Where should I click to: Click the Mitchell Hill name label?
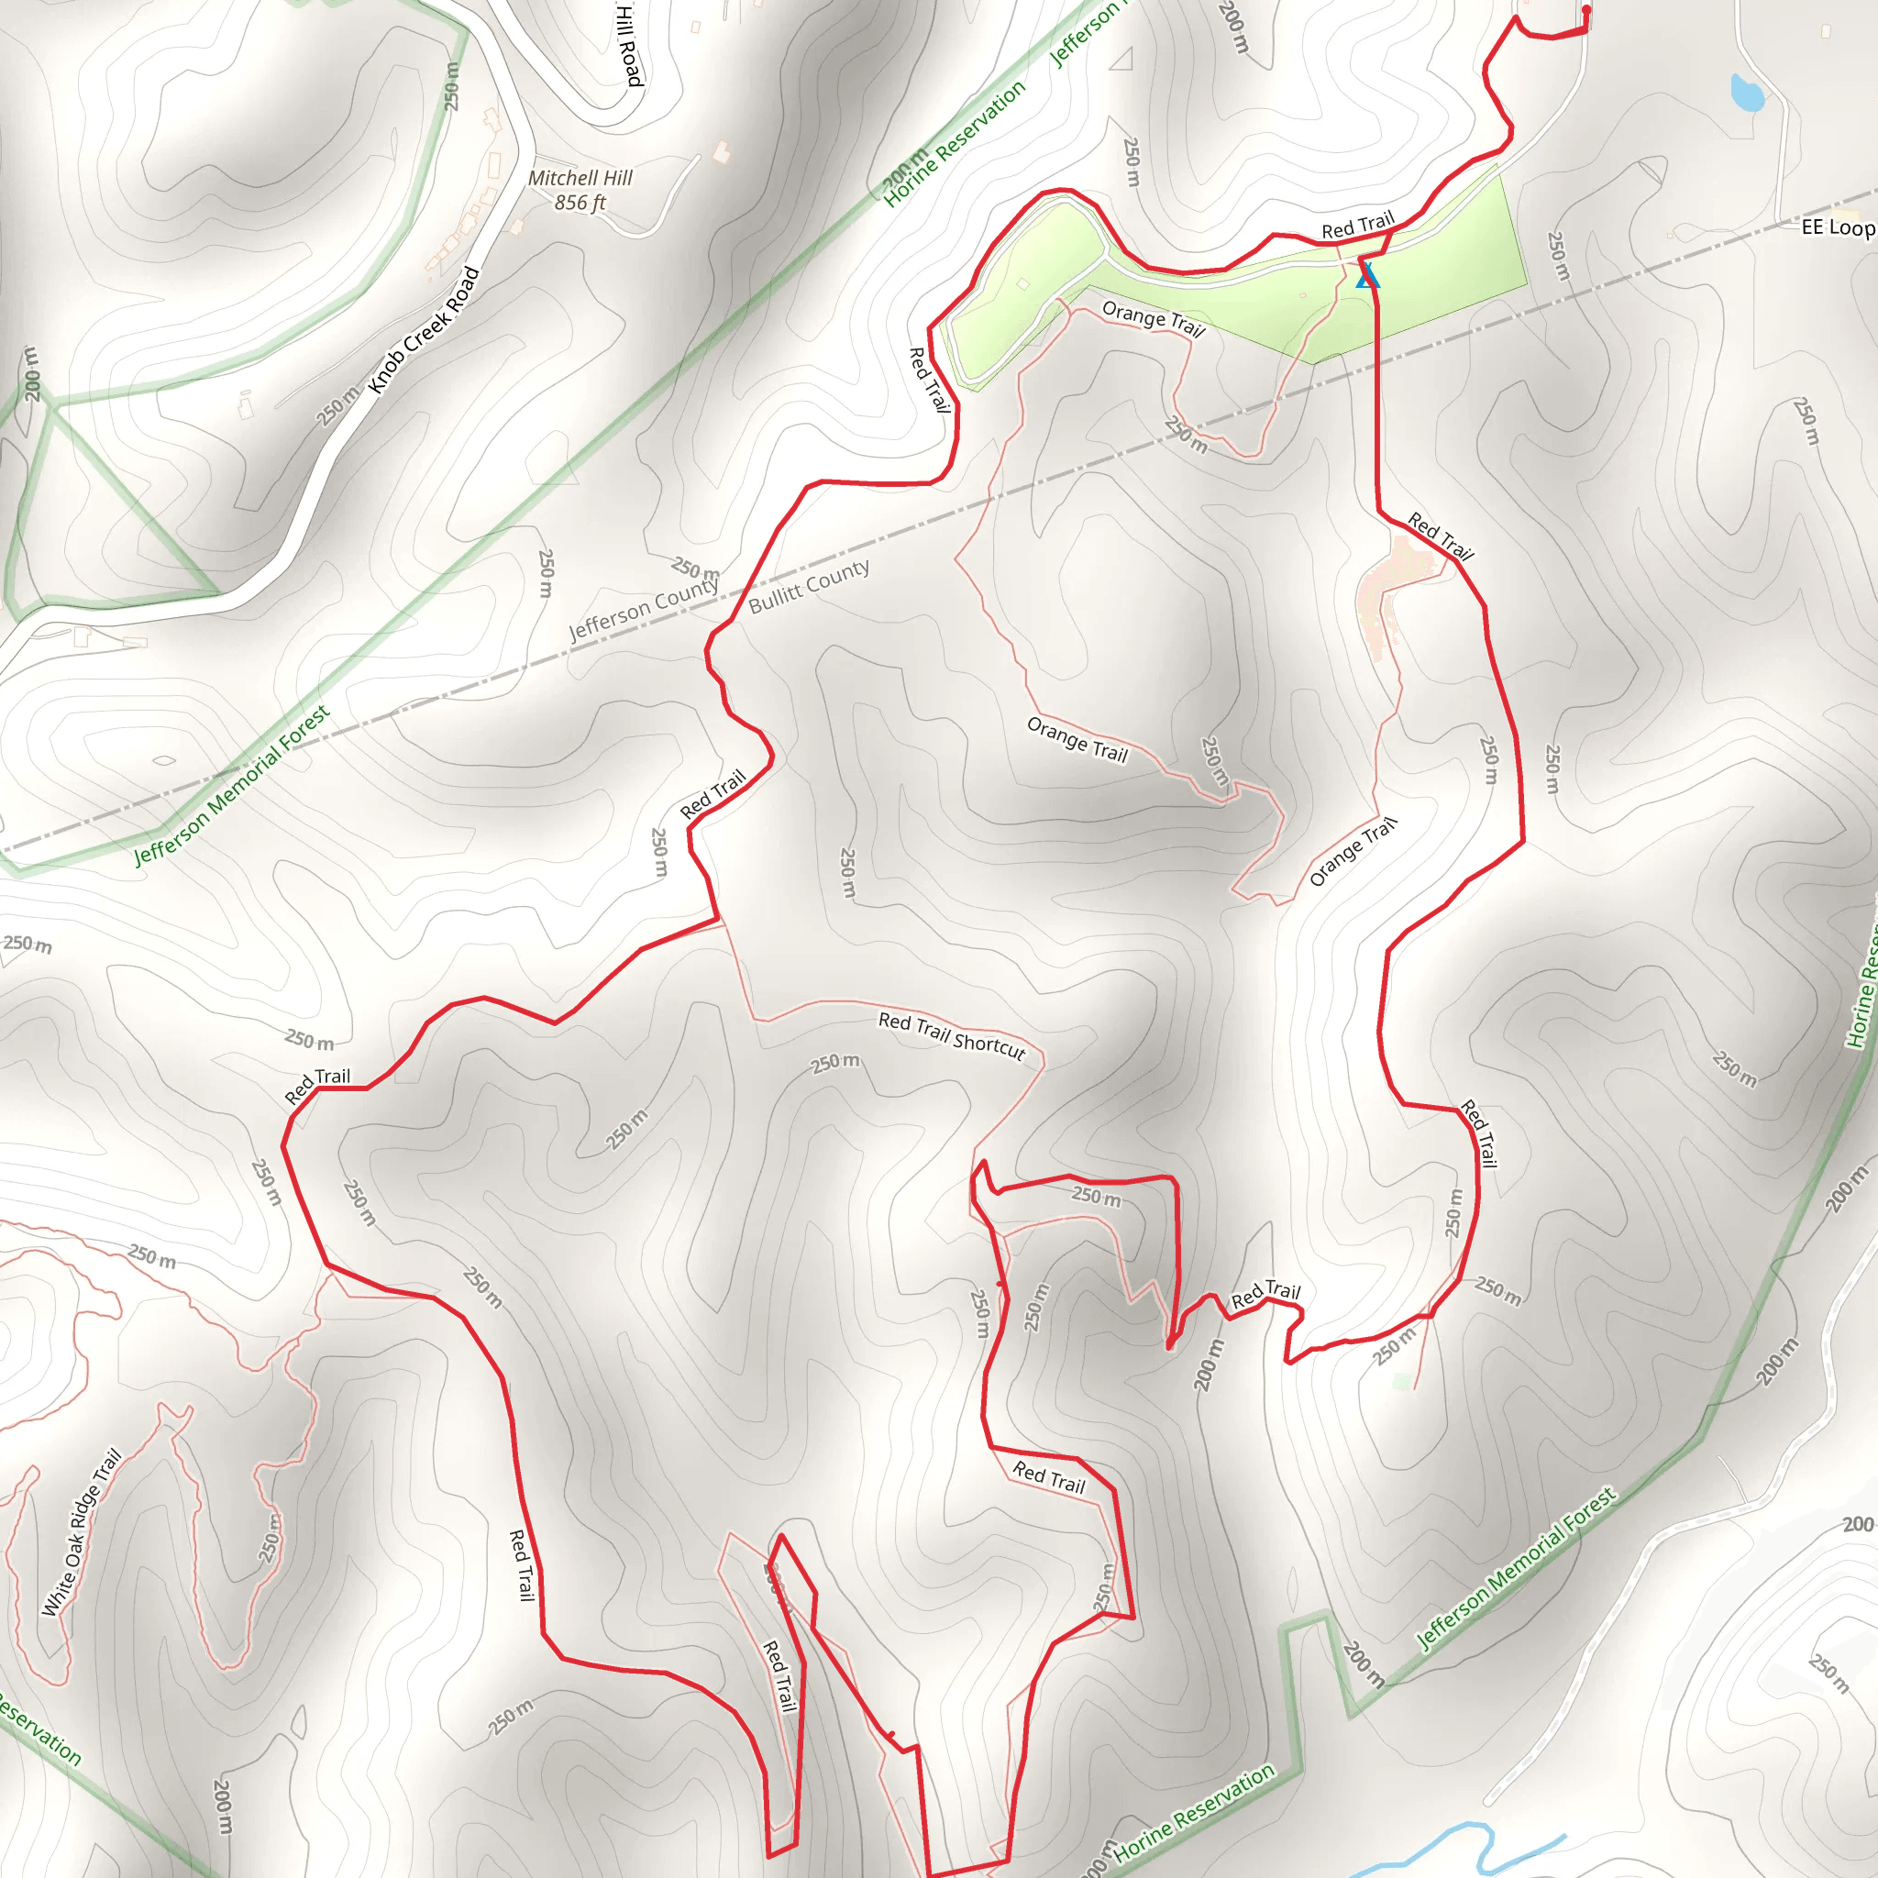pos(580,178)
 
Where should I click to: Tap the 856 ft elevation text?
pos(580,202)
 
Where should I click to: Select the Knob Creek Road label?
pos(424,329)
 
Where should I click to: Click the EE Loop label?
pos(1836,227)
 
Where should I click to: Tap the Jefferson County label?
pos(644,610)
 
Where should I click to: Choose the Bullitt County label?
pos(809,586)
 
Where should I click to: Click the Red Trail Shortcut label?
pos(952,1035)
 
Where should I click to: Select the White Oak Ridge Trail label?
pos(82,1532)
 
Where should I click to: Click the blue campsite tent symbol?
pos(1367,276)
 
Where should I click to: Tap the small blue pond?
pos(1747,94)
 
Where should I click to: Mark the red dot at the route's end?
pos(1586,10)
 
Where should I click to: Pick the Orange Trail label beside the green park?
pos(1153,319)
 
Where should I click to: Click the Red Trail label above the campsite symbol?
pos(1357,226)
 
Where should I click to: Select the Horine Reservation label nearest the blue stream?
pos(1193,1814)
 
